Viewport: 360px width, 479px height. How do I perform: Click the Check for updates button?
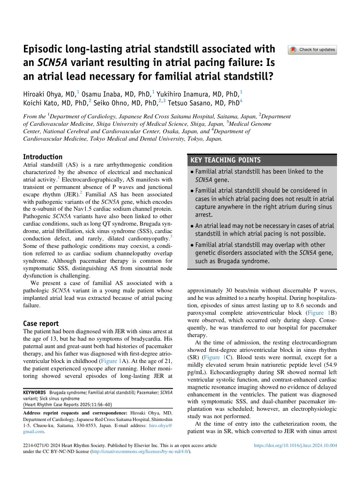click(x=312, y=50)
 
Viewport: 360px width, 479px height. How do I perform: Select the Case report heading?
click(x=41, y=323)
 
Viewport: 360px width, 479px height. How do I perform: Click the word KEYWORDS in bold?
click(x=34, y=392)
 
